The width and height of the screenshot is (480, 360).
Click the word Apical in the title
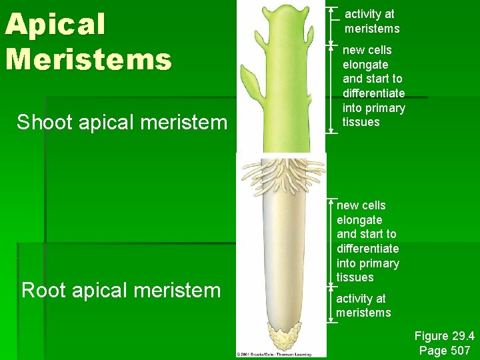tap(55, 25)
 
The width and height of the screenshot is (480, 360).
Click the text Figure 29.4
tap(443, 337)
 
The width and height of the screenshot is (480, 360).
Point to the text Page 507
tap(444, 351)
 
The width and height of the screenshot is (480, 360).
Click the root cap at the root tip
tap(284, 337)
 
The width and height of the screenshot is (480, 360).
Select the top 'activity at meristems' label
tap(371, 21)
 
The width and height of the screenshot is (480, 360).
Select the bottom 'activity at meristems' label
tap(363, 305)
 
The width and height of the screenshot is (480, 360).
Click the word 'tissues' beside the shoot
tap(361, 122)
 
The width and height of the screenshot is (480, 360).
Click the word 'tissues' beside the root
tap(355, 277)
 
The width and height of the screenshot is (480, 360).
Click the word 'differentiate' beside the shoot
tap(373, 93)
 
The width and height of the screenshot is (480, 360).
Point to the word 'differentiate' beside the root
tap(367, 249)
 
